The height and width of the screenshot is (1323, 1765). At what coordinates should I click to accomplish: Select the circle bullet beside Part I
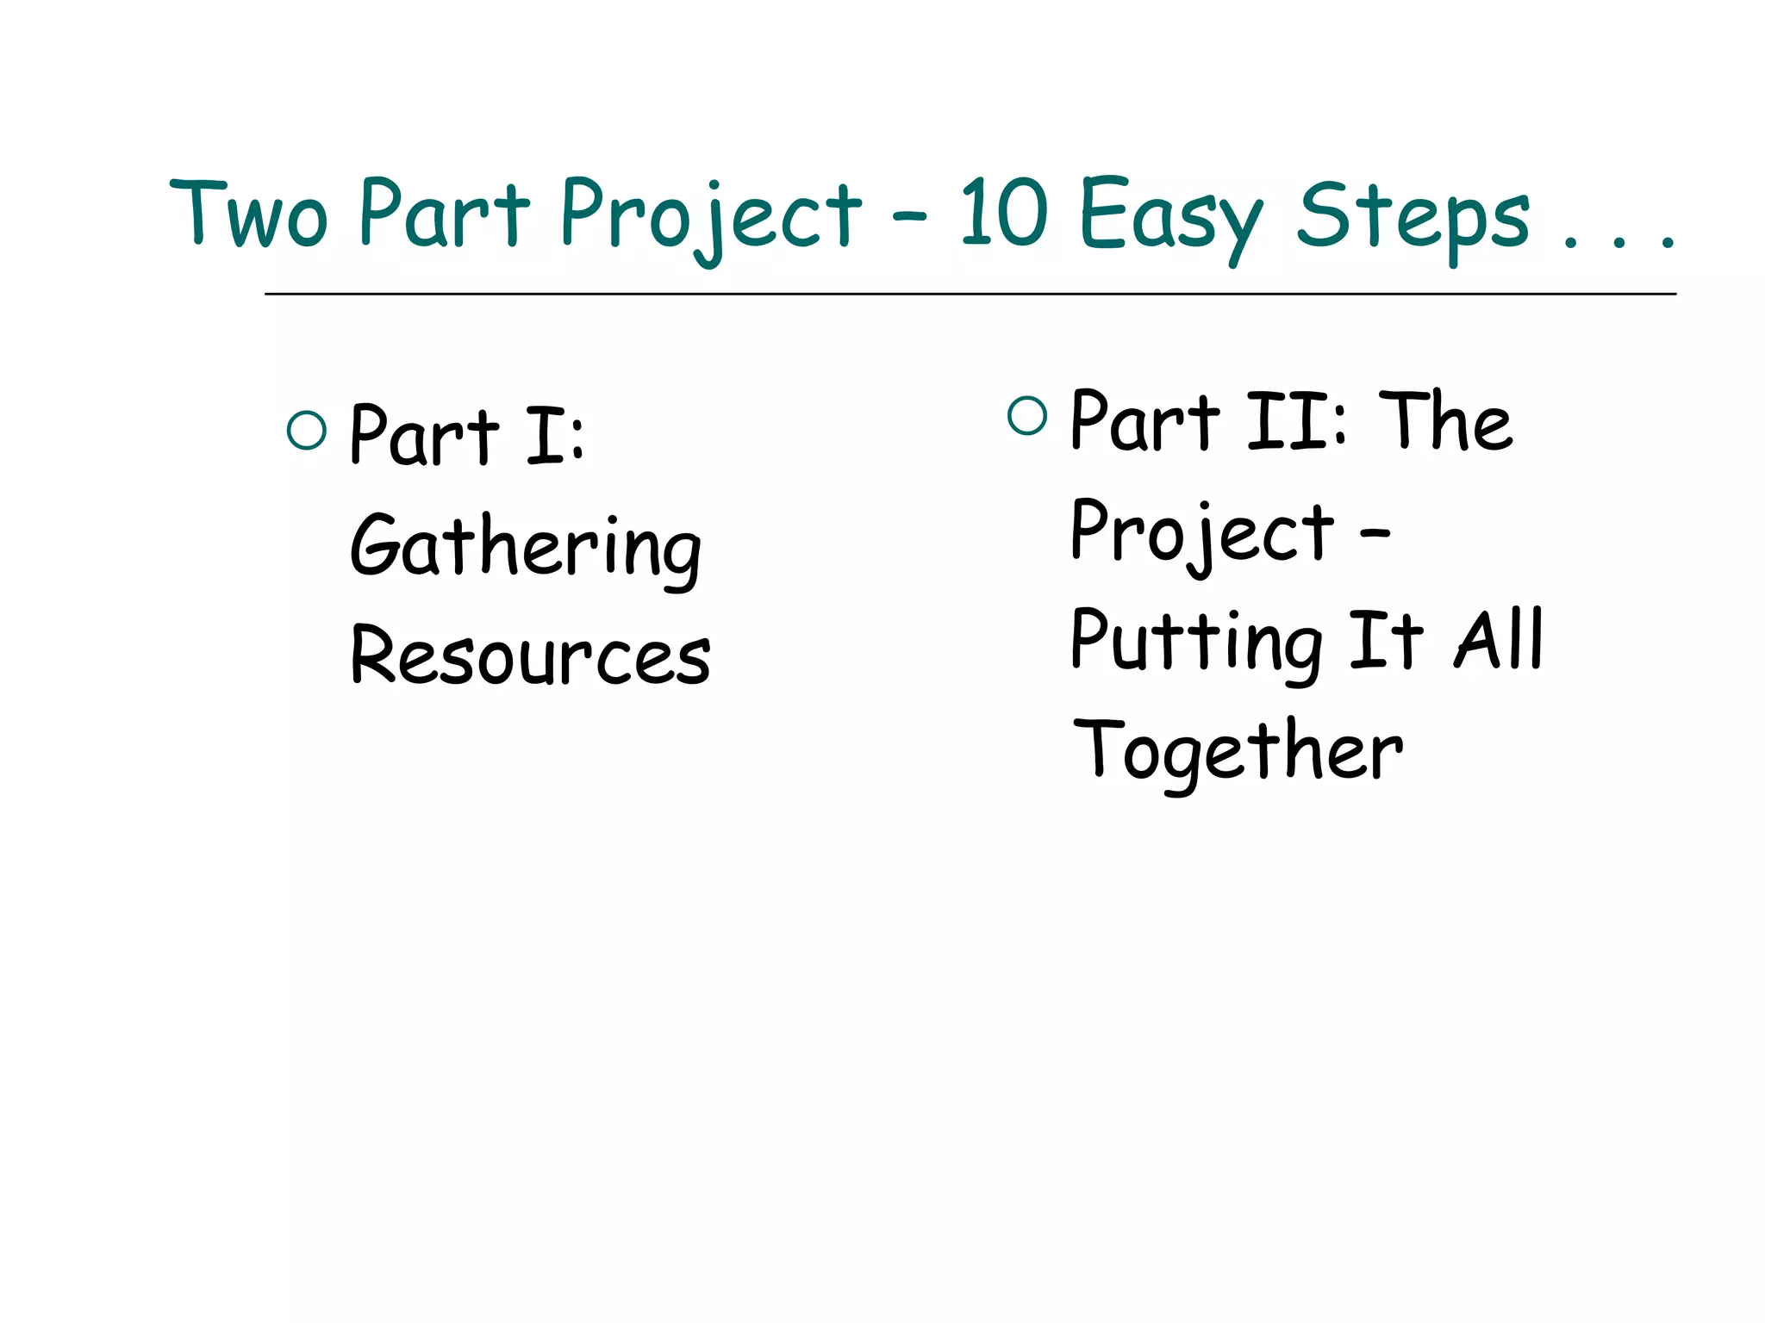click(307, 431)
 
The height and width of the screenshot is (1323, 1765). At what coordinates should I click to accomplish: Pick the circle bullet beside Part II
click(1026, 415)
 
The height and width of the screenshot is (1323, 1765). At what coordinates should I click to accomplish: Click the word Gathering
click(526, 547)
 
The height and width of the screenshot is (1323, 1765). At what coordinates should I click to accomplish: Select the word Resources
click(530, 656)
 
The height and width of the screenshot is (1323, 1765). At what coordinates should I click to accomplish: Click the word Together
click(1238, 751)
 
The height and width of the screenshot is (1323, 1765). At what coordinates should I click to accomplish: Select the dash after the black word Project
click(1375, 532)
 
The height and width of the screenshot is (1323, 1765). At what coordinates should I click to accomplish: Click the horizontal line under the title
click(970, 294)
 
